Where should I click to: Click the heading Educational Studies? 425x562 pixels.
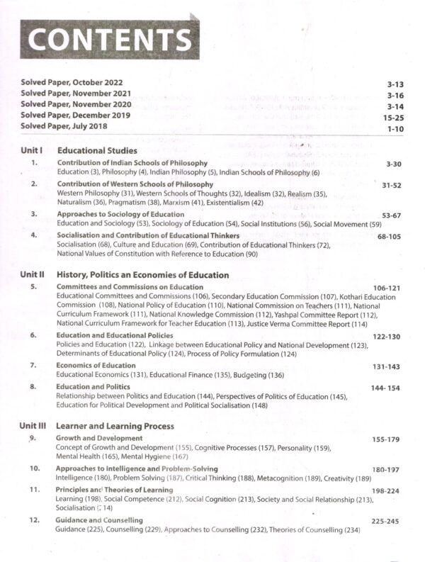click(x=97, y=151)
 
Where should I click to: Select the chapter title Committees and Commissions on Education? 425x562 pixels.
click(x=130, y=287)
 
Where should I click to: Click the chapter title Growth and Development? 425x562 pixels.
click(x=99, y=439)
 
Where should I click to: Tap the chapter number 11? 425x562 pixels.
click(x=34, y=490)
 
